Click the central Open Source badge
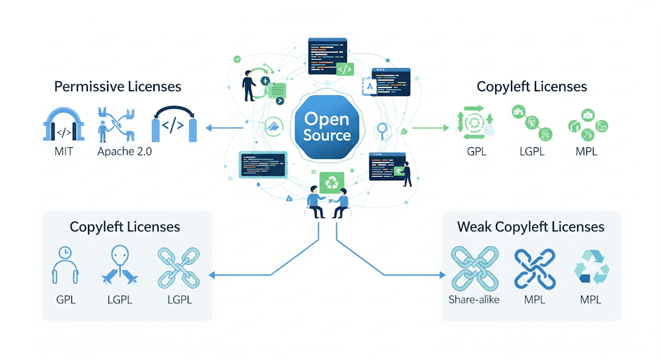point(327,127)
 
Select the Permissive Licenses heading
point(118,87)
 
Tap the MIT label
point(64,151)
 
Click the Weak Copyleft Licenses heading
point(531,227)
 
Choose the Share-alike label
point(473,299)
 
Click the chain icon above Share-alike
point(473,267)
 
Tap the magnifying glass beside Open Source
point(382,129)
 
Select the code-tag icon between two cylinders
point(174,124)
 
